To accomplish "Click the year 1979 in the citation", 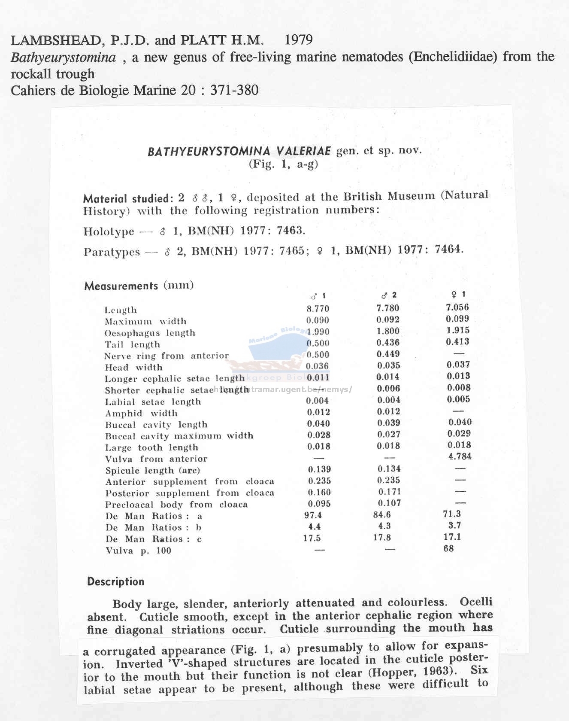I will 299,40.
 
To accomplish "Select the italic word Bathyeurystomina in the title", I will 63,57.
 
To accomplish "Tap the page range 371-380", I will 234,91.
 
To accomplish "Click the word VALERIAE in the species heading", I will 303,151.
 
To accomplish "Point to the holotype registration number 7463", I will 291,231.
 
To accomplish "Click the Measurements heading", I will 121,286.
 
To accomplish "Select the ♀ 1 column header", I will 458,295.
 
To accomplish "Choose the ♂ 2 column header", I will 389,295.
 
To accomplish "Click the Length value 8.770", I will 318,309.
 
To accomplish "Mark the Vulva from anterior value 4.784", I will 460,456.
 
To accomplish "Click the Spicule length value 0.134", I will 389,469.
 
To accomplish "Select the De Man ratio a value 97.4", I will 313,515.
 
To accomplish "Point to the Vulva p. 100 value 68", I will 448,548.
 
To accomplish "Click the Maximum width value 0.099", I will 457,319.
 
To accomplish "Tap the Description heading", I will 116,582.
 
